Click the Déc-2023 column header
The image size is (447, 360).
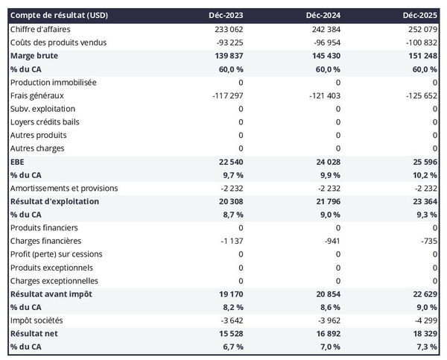(x=226, y=15)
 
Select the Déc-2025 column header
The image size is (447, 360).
(x=420, y=15)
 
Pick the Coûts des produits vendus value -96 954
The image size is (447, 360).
(x=324, y=42)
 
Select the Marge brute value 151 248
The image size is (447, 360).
(x=420, y=56)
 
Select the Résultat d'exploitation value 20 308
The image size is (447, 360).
(x=228, y=201)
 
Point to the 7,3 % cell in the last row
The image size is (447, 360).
(x=425, y=347)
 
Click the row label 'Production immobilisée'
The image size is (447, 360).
(x=53, y=82)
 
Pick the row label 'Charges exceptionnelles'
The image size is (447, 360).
(x=55, y=281)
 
